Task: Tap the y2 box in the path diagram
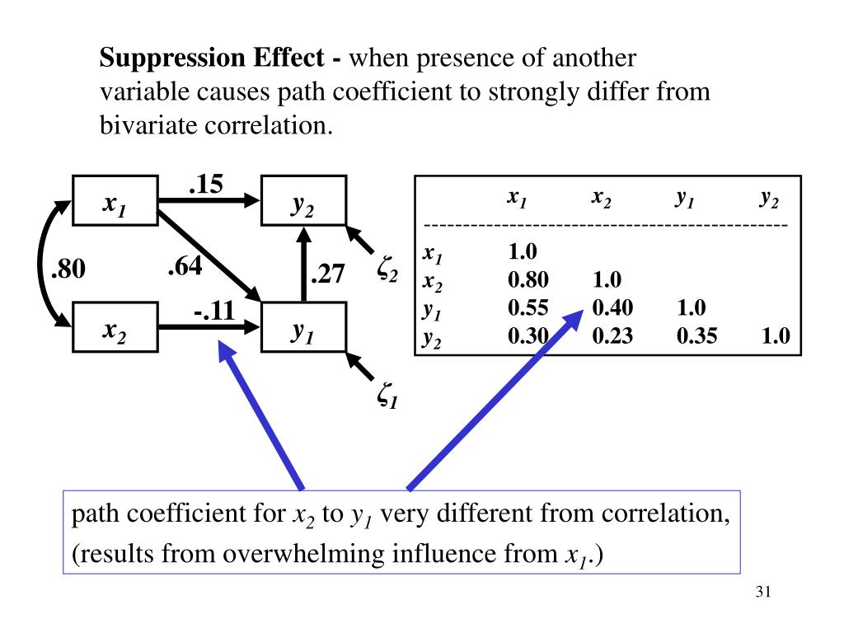tap(302, 201)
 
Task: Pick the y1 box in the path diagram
tap(302, 327)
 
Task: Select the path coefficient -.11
tap(214, 312)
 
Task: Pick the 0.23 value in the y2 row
tap(612, 335)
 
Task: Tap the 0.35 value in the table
tap(696, 335)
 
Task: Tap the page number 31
tap(762, 593)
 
